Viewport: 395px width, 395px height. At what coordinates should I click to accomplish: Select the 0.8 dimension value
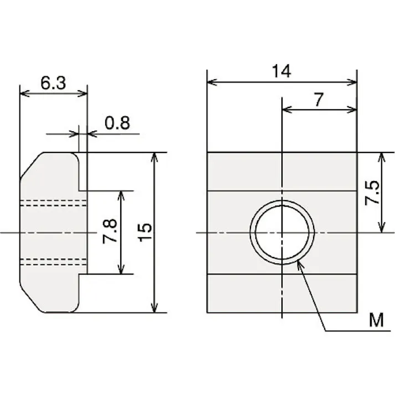click(x=117, y=122)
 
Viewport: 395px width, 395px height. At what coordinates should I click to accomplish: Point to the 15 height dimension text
click(x=145, y=232)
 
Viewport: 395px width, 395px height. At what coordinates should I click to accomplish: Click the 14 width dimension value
click(x=281, y=71)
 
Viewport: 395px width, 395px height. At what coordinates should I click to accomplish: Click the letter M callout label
click(x=377, y=320)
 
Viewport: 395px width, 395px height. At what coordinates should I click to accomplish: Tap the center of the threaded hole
click(x=282, y=232)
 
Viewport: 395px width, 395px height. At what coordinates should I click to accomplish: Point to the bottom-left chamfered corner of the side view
click(x=30, y=299)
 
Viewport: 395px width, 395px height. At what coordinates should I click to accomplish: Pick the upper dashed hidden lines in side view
click(x=53, y=203)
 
